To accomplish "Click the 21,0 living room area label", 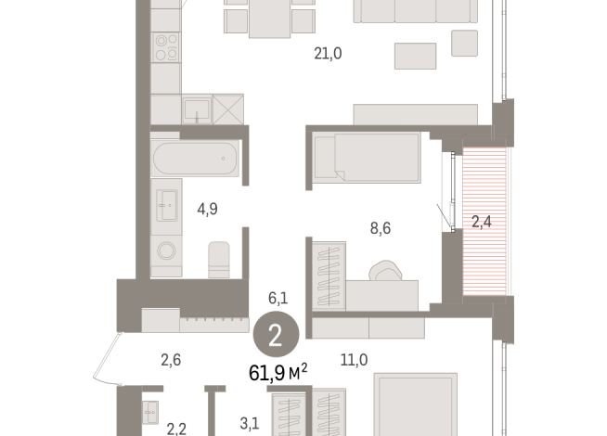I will click(x=328, y=54).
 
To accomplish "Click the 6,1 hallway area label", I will click(x=278, y=298).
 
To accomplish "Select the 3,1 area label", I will click(x=250, y=424).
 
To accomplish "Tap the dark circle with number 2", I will click(x=275, y=335).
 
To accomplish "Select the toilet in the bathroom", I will click(x=219, y=259).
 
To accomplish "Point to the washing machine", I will click(x=167, y=251).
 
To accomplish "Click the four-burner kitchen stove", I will click(x=167, y=46).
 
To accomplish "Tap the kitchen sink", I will click(x=197, y=110).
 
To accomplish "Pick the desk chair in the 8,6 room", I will click(x=384, y=272).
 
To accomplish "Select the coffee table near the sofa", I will click(x=414, y=56).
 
